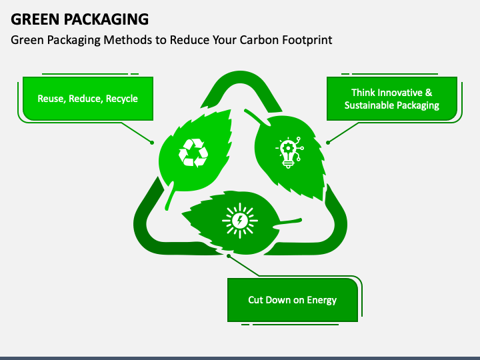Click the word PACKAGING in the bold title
[106, 19]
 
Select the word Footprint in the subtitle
[307, 41]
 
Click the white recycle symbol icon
[193, 153]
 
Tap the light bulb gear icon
[289, 153]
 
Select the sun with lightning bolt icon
[240, 221]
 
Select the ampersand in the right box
[429, 93]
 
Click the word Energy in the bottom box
[322, 300]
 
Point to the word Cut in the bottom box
[255, 300]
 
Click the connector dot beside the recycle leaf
[152, 143]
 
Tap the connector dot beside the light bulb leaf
[328, 143]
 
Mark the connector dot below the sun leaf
[229, 256]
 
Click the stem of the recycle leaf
[169, 197]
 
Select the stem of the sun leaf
[288, 222]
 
